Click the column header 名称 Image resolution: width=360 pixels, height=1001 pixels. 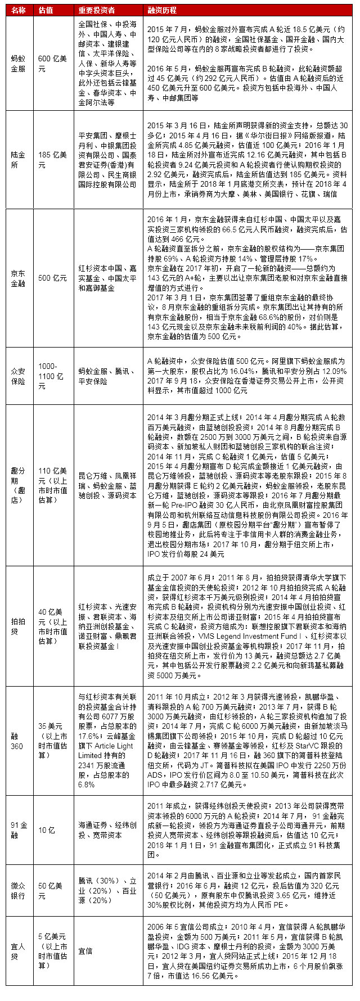point(18,10)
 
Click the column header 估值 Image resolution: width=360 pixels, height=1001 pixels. point(46,10)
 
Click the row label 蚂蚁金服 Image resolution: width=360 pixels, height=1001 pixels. point(18,63)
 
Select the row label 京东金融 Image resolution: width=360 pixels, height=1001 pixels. point(18,278)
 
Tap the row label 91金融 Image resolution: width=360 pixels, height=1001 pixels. point(19,829)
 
